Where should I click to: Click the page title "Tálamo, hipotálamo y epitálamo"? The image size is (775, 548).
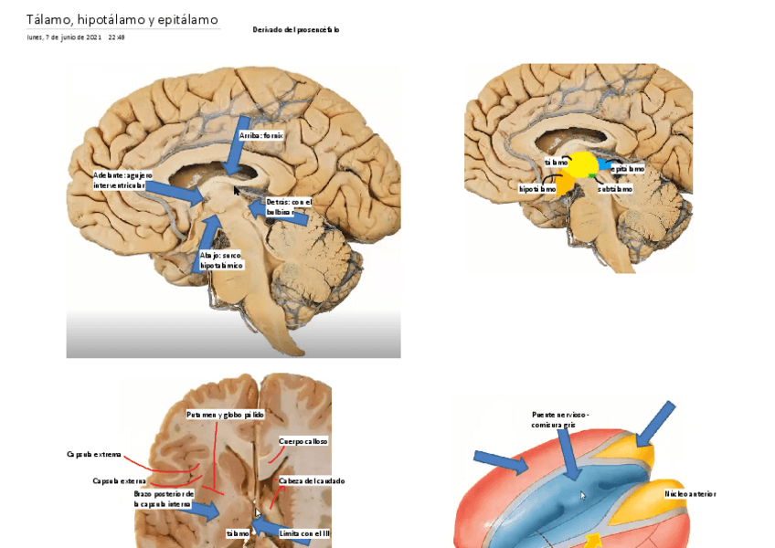point(122,19)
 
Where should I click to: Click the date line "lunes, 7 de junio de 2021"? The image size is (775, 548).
point(64,37)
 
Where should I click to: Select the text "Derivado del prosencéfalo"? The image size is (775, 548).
point(296,30)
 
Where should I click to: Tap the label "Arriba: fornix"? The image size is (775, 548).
point(261,135)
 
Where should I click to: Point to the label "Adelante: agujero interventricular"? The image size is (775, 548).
point(120,180)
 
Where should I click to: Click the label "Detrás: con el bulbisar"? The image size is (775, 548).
point(288,206)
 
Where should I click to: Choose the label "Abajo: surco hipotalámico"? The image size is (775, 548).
point(221,260)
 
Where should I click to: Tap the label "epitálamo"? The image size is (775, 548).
point(628,169)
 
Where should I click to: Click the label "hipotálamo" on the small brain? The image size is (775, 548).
point(537,189)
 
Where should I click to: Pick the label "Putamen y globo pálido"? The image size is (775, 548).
point(225,415)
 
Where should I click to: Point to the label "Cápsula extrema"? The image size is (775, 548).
point(94,454)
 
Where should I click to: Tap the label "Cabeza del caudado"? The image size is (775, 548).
point(312,480)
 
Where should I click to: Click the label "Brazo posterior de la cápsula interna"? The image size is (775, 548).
point(163,498)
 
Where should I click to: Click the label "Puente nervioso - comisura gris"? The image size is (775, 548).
point(560,419)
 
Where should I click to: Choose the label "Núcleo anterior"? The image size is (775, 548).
point(690,494)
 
